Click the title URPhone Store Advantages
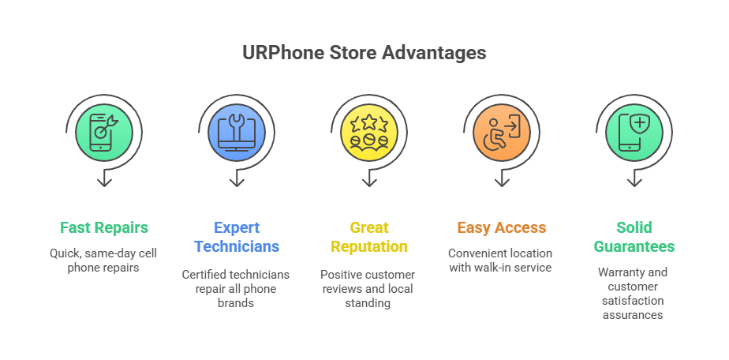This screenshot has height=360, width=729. [x=364, y=53]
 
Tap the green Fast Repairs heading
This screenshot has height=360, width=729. [x=104, y=227]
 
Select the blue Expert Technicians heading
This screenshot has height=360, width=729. [x=237, y=237]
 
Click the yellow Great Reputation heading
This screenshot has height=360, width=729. [x=369, y=237]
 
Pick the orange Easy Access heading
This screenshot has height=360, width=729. [x=502, y=227]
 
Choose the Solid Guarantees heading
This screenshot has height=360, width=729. [x=634, y=237]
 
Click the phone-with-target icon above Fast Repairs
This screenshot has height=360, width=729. [x=104, y=133]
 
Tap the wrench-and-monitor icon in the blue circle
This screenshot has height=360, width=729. [x=237, y=133]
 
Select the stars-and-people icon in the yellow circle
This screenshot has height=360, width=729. [x=369, y=133]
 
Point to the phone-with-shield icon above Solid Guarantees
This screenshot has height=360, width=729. [x=634, y=133]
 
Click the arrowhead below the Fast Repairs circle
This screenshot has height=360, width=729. [x=104, y=182]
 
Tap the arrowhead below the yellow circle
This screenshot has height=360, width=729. [x=369, y=182]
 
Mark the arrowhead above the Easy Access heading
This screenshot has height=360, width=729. [x=502, y=182]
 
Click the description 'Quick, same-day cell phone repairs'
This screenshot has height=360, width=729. [x=103, y=261]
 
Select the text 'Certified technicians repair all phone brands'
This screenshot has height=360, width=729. [x=236, y=289]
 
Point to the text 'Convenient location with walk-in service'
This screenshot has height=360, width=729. [x=501, y=261]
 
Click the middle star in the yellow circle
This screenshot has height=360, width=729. [x=369, y=122]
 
